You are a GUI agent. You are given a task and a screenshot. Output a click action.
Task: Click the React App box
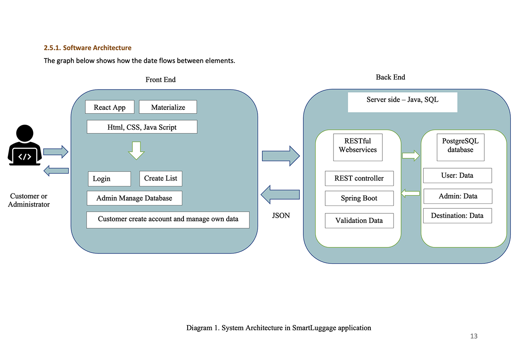[110, 107]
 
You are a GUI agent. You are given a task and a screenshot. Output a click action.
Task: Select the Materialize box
[168, 107]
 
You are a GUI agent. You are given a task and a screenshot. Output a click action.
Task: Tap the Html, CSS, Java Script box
[142, 127]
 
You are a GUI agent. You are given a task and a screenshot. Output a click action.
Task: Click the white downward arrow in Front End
[136, 150]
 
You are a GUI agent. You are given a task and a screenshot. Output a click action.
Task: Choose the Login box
[109, 179]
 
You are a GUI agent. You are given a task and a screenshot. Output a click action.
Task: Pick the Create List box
[160, 179]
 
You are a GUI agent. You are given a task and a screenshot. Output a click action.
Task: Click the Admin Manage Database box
[134, 198]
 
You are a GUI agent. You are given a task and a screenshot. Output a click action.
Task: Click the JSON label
[281, 215]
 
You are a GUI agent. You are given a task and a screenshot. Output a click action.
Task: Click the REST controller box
[359, 179]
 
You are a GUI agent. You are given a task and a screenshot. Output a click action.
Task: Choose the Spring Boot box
[359, 198]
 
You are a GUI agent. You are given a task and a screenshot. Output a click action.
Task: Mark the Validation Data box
[359, 220]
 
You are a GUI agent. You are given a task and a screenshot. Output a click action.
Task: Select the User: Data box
[457, 175]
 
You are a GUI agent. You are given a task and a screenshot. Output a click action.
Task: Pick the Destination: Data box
[457, 216]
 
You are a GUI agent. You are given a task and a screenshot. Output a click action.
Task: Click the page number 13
[474, 336]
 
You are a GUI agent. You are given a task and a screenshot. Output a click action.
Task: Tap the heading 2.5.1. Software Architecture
[87, 48]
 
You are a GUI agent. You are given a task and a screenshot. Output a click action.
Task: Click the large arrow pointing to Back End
[280, 156]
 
